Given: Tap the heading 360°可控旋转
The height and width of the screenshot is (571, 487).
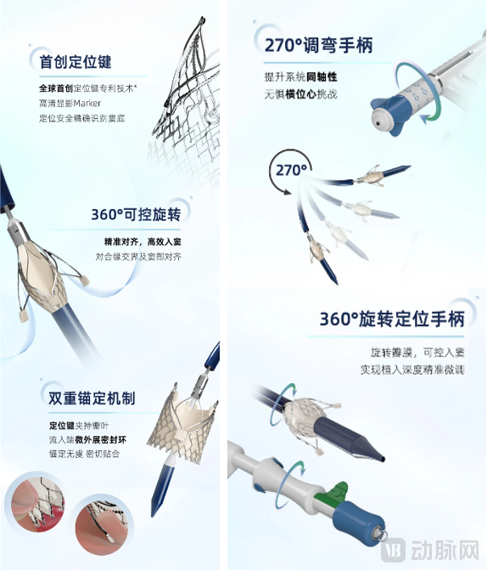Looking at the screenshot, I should (x=136, y=214).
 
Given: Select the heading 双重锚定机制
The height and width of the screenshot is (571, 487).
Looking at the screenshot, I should (x=92, y=398).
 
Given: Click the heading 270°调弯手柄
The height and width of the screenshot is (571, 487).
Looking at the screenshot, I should (x=318, y=46).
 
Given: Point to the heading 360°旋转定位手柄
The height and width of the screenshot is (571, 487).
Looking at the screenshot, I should (x=392, y=319).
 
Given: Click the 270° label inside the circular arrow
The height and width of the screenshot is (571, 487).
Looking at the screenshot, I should (x=291, y=170).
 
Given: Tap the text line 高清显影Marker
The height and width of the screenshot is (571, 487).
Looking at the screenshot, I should (x=70, y=103).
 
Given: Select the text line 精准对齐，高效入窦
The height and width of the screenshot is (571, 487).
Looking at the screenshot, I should (x=143, y=241).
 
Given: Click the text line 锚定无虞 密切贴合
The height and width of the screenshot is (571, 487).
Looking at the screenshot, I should (x=82, y=454).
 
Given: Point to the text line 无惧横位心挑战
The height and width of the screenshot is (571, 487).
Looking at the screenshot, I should (x=300, y=93).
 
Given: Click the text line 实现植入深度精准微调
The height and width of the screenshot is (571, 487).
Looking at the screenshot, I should (x=411, y=370).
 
